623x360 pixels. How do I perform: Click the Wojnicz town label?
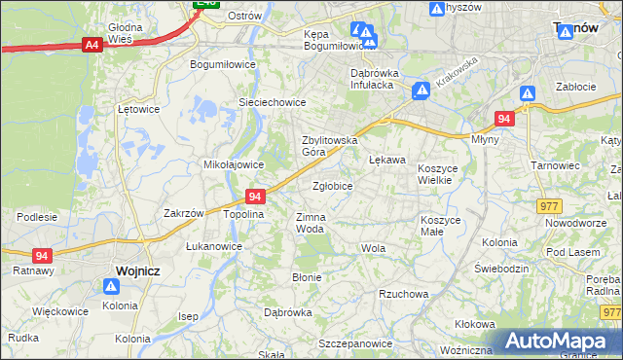point(124,270)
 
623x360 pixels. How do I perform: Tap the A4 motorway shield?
point(92,45)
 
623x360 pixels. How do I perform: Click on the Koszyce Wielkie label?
point(443,174)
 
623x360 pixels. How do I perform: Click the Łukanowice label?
point(214,246)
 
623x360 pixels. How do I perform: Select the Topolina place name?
point(244,213)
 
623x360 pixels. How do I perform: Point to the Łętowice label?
point(137,109)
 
